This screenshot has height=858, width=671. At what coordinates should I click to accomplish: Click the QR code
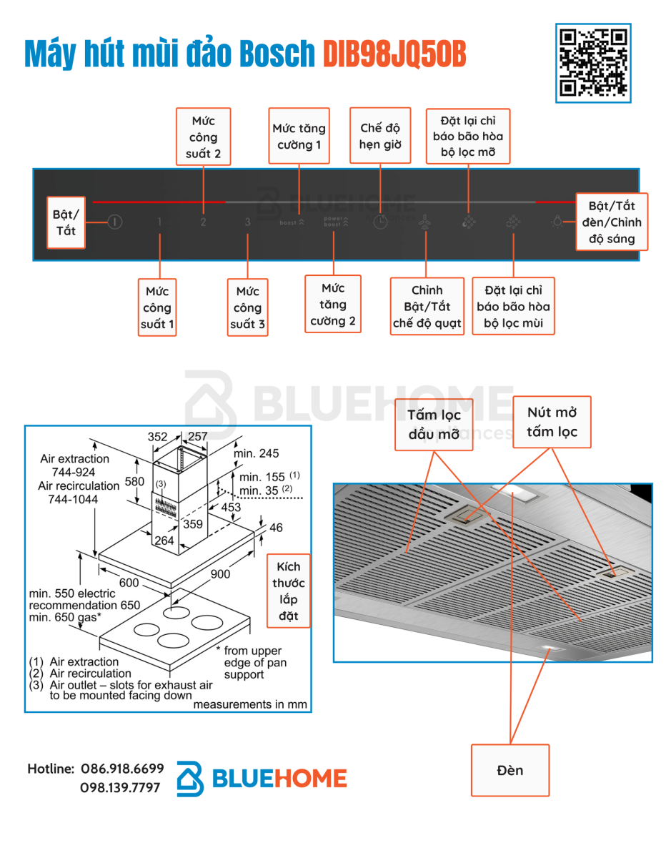[x=593, y=63]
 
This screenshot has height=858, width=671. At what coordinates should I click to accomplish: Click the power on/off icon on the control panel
[x=114, y=222]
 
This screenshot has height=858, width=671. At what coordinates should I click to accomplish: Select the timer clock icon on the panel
[x=380, y=222]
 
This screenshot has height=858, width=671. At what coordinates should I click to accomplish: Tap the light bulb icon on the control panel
[x=557, y=221]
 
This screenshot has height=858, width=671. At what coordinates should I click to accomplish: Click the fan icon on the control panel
[x=424, y=222]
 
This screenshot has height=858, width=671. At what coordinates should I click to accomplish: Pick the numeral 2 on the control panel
[x=203, y=222]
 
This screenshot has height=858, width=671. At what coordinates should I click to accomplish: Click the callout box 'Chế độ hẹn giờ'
[x=380, y=135]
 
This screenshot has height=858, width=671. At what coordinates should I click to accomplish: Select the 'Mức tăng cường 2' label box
[x=333, y=304]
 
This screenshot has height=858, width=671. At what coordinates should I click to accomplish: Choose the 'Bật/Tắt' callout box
[x=66, y=222]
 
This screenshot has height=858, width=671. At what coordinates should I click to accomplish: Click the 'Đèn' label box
[x=510, y=770]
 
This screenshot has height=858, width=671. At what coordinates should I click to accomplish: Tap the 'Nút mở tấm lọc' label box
[x=552, y=422]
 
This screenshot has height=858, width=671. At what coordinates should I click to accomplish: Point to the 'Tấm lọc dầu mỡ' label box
[x=434, y=425]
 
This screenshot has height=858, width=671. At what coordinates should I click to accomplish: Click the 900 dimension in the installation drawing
[x=220, y=573]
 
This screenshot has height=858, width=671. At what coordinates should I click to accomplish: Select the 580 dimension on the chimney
[x=134, y=481]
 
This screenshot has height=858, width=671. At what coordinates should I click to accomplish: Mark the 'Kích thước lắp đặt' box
[x=289, y=591]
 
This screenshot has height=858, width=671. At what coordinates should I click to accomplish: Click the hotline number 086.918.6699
[x=122, y=769]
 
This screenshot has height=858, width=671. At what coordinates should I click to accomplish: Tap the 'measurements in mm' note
[x=250, y=704]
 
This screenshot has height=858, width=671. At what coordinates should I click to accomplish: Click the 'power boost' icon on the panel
[x=336, y=222]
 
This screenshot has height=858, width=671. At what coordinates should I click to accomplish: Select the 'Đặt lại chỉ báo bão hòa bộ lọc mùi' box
[x=513, y=306]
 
